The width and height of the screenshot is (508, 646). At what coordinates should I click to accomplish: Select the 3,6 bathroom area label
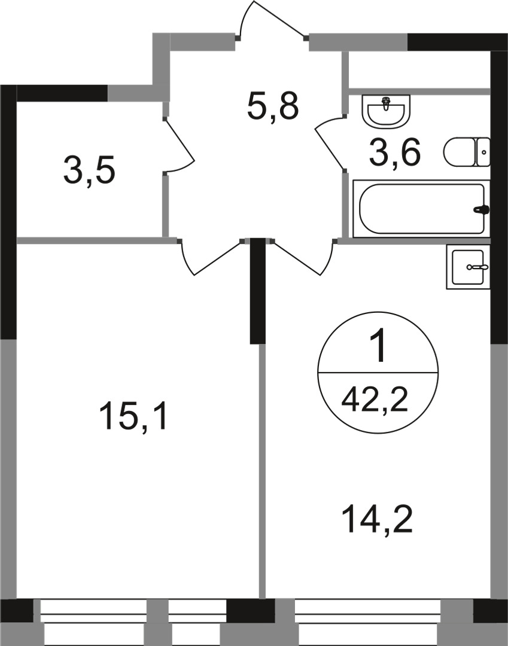[x=395, y=153]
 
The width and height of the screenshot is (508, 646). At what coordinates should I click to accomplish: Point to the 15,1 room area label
[x=135, y=416]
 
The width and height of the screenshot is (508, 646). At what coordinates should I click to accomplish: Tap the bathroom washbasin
[x=387, y=111]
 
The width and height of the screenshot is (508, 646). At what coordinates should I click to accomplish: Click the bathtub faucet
[x=481, y=210]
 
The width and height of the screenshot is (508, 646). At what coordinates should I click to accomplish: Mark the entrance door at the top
[x=272, y=21]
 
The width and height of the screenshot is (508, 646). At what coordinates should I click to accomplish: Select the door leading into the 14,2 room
[x=302, y=257]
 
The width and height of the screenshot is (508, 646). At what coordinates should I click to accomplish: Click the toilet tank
[x=482, y=152]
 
